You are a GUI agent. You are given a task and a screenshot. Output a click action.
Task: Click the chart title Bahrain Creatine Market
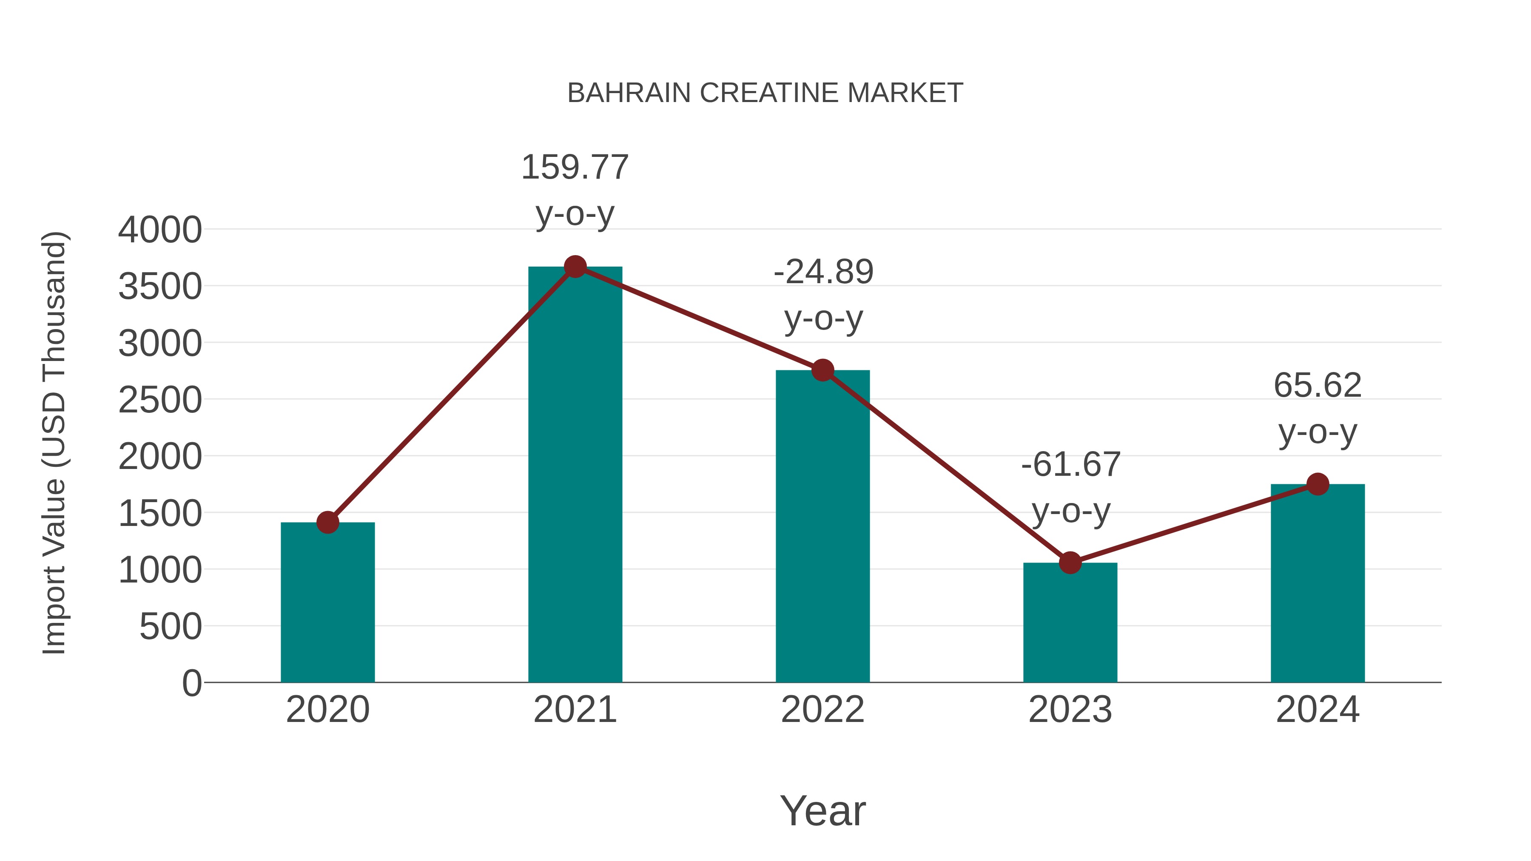click(765, 93)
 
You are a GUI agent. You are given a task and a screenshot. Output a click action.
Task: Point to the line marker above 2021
click(575, 267)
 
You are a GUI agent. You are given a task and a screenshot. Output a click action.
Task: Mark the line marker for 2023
click(1070, 562)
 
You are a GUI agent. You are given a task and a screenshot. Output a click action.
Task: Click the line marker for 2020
click(327, 522)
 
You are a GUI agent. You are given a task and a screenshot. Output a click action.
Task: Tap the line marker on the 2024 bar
click(1318, 484)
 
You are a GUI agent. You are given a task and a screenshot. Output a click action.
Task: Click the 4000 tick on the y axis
click(160, 230)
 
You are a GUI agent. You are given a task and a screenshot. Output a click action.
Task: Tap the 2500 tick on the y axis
click(160, 400)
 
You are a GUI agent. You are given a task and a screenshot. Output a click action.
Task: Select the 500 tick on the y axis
click(170, 626)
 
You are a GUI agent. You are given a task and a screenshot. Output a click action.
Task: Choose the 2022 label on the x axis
click(822, 710)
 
